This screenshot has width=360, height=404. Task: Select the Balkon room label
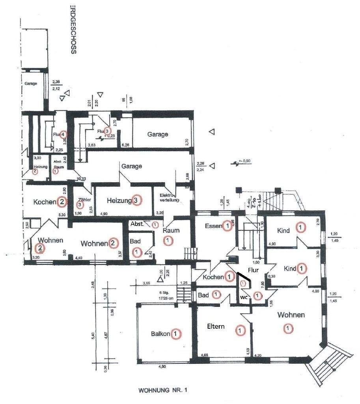(x=160, y=334)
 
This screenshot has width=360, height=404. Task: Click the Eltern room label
(x=216, y=326)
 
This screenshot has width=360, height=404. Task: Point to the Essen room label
(x=213, y=226)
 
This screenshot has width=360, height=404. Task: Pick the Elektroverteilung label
(x=170, y=198)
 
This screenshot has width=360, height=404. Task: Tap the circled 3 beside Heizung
(x=136, y=200)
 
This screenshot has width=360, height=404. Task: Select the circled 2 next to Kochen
(x=62, y=202)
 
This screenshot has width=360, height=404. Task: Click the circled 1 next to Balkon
(x=176, y=334)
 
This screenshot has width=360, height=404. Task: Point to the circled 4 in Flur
(x=63, y=135)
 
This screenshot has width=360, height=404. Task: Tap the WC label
(x=244, y=297)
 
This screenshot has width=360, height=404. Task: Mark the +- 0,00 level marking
(x=244, y=161)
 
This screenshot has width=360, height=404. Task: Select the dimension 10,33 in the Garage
(x=82, y=179)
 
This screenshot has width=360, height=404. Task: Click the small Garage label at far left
(x=31, y=84)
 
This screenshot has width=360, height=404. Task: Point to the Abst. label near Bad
(x=137, y=224)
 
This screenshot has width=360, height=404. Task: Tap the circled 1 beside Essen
(x=227, y=226)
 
